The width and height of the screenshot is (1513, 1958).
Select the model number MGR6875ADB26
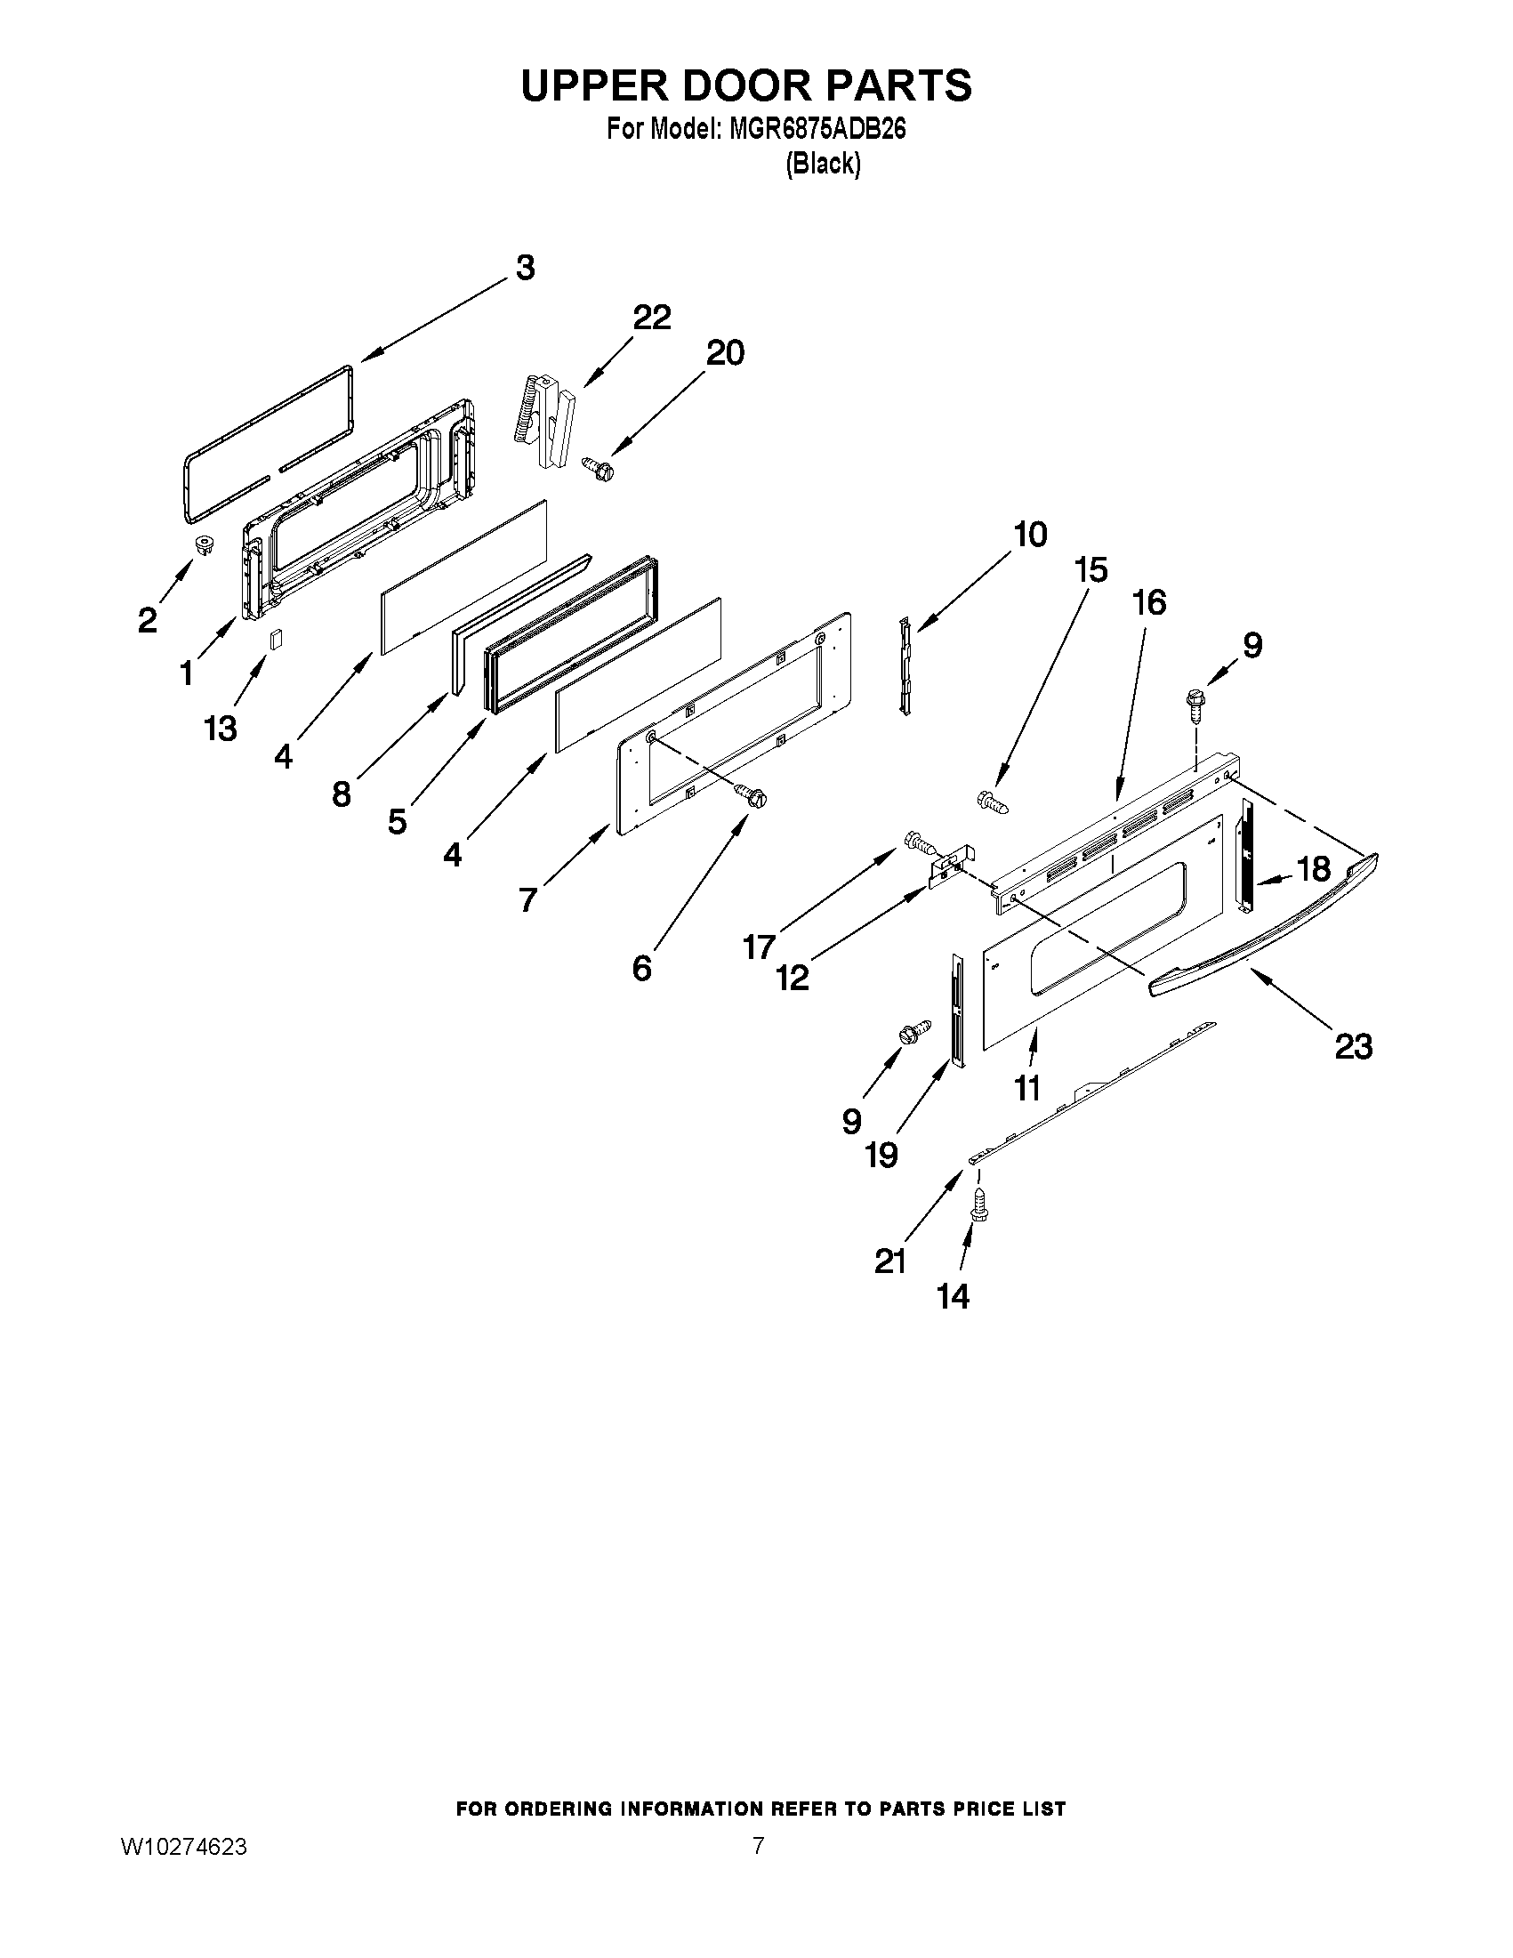pyautogui.click(x=817, y=129)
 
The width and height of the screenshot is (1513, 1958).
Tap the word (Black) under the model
pyautogui.click(x=823, y=164)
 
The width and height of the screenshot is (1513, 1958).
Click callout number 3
pyautogui.click(x=526, y=267)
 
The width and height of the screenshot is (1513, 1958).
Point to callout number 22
pyautogui.click(x=652, y=318)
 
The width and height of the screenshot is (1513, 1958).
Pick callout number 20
pyautogui.click(x=725, y=353)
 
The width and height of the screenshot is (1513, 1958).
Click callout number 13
pyautogui.click(x=221, y=728)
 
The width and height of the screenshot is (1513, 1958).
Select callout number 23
pyautogui.click(x=1354, y=1046)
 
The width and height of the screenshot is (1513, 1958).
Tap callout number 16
pyautogui.click(x=1149, y=602)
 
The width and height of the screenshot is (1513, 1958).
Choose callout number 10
pyautogui.click(x=1030, y=535)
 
